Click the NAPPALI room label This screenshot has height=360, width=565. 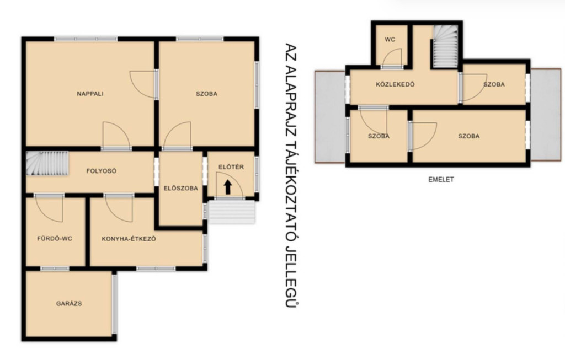[x=90, y=94]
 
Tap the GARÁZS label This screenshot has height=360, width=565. [x=69, y=303]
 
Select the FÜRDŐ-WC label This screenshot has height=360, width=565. [x=55, y=238]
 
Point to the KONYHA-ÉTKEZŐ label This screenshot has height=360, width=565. [x=129, y=239]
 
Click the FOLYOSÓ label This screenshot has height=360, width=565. [x=102, y=171]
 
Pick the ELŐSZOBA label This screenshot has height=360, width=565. [x=181, y=188]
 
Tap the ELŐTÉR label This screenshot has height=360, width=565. [x=231, y=167]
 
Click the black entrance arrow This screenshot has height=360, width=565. [x=227, y=187]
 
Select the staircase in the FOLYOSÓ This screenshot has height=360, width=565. [x=47, y=163]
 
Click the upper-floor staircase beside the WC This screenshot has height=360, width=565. [x=445, y=46]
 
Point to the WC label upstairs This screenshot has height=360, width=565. [x=390, y=40]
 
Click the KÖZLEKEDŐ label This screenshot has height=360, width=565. [x=395, y=84]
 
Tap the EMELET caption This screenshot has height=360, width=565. [x=441, y=179]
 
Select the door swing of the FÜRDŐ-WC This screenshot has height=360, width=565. [x=49, y=209]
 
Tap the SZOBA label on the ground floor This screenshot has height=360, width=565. [x=206, y=94]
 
